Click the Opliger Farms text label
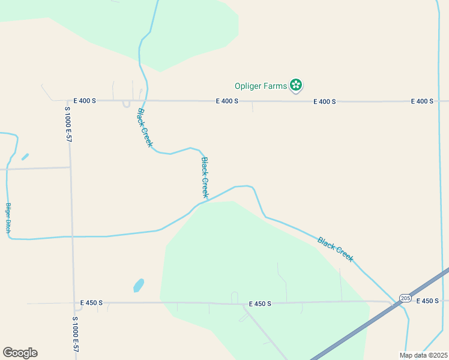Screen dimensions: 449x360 pyautogui.click(x=261, y=86)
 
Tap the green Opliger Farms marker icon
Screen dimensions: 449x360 pyautogui.click(x=295, y=85)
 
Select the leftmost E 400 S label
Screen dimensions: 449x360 pyautogui.click(x=85, y=101)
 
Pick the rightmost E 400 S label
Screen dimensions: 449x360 pyautogui.click(x=422, y=101)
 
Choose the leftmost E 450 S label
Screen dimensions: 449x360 pyautogui.click(x=92, y=303)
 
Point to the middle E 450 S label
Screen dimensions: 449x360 pyautogui.click(x=259, y=304)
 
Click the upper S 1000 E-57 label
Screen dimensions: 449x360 pyautogui.click(x=68, y=124)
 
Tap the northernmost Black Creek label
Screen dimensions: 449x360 pyautogui.click(x=145, y=128)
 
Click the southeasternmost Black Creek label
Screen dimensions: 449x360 pyautogui.click(x=336, y=249)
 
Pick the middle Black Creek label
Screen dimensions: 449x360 pyautogui.click(x=205, y=178)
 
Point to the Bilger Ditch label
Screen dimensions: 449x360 pyautogui.click(x=8, y=218)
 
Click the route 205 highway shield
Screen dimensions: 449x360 pyautogui.click(x=405, y=298)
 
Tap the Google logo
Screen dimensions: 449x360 pyautogui.click(x=20, y=353)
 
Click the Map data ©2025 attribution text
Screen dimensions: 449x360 pyautogui.click(x=423, y=355)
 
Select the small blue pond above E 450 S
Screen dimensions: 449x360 pyautogui.click(x=139, y=285)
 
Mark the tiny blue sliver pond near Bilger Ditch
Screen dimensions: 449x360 pyautogui.click(x=25, y=157)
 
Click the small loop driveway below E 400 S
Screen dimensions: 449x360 pyautogui.click(x=126, y=104)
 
